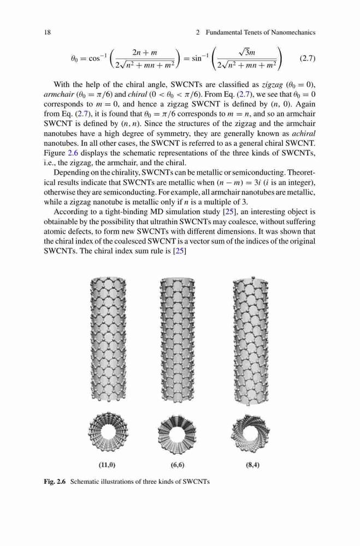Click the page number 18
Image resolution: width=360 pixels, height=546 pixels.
click(48, 32)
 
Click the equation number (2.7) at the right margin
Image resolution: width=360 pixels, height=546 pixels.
click(308, 58)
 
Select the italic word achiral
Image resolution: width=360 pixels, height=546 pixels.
click(304, 134)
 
